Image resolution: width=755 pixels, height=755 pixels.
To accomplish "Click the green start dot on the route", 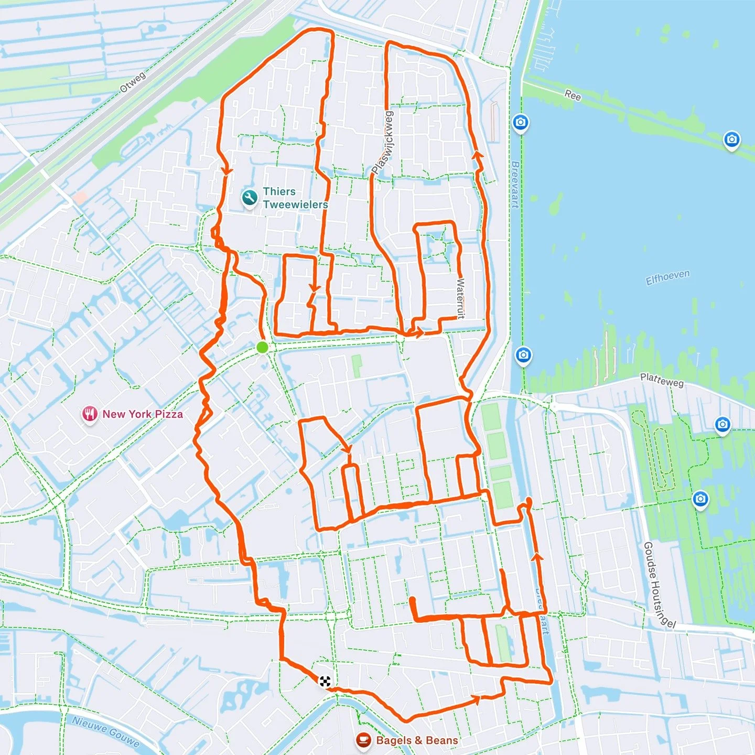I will pos(262,347).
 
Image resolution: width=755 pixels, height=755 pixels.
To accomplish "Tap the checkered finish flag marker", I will pos(325,681).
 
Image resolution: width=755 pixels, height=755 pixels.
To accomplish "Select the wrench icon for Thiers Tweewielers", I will pos(250,198).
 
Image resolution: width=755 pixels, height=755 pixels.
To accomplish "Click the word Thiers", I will pos(279,191).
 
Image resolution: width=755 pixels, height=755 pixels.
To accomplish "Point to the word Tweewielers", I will pos(295,204).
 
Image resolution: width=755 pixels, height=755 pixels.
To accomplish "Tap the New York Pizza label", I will pos(143,414).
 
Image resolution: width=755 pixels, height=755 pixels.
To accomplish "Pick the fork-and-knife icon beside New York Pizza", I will pos(90,414).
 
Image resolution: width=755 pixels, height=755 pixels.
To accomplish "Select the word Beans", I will pos(441,740).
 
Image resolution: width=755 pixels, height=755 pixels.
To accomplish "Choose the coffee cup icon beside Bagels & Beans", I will pos(363,740).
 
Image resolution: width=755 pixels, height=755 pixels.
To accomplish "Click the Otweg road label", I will pos(133,83).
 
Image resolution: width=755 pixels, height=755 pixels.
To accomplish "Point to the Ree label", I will pos(573,95).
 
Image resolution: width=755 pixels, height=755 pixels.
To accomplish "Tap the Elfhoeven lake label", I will pos(667,277).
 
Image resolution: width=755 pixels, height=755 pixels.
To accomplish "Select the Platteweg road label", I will pos(662,380).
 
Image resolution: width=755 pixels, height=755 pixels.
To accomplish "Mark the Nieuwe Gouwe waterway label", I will pos(106,731).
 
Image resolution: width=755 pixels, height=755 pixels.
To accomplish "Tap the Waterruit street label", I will pos(460,298).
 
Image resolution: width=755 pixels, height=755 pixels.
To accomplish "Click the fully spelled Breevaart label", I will pos(515,185).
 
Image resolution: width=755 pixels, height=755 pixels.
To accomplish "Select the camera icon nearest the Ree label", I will pos(520,123).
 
